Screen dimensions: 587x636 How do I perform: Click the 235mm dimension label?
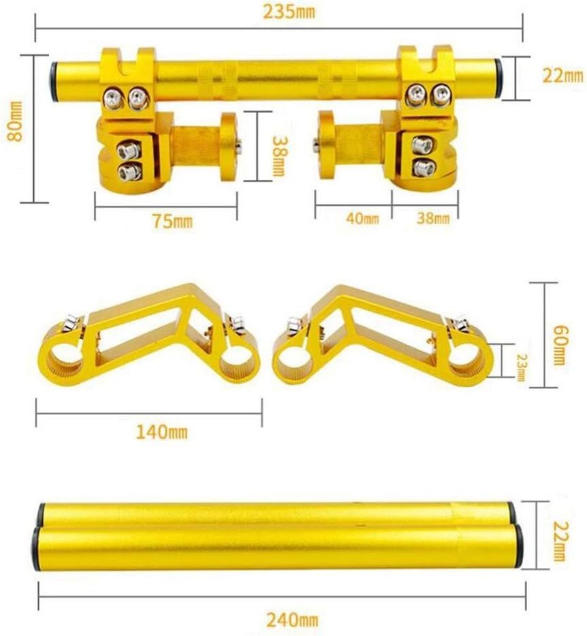[289, 12]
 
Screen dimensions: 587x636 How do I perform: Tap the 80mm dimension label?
[15, 121]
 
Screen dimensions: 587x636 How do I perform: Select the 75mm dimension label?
[172, 222]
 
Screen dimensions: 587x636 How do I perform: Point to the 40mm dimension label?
[362, 219]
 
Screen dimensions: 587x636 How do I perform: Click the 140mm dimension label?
[161, 432]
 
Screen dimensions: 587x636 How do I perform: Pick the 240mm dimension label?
[292, 620]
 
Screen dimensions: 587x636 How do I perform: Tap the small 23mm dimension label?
[522, 367]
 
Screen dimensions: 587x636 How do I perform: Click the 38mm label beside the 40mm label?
[433, 218]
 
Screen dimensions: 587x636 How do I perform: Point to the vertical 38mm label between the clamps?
[279, 155]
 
